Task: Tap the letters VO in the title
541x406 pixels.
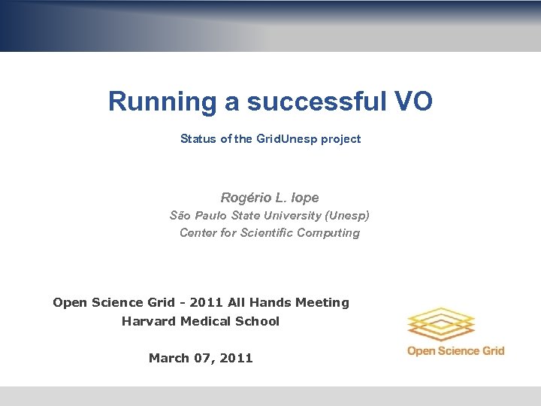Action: coord(413,101)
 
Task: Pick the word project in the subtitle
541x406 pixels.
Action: coord(340,139)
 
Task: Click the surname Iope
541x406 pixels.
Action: coord(304,198)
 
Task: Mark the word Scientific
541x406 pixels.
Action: coord(267,233)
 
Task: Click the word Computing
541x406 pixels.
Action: coord(328,233)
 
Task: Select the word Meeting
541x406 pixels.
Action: coord(322,303)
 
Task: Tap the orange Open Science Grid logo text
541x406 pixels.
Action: coord(455,351)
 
